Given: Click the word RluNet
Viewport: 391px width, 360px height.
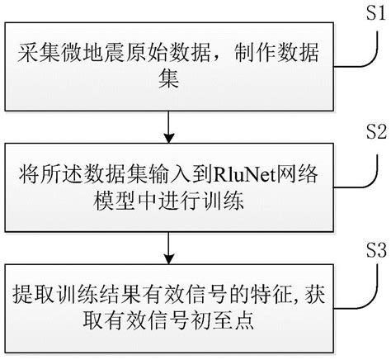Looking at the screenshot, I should click(x=240, y=175).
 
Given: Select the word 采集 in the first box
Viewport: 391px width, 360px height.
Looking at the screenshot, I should click(x=35, y=54).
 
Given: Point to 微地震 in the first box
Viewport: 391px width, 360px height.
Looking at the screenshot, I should click(x=81, y=54).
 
